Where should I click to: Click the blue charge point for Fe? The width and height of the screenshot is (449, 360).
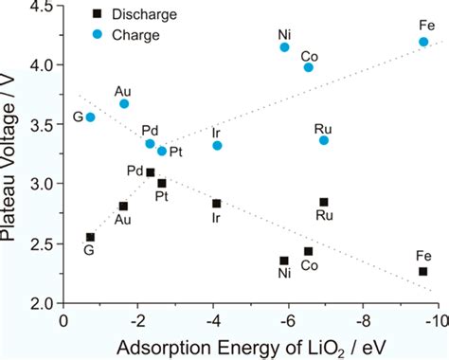click(423, 42)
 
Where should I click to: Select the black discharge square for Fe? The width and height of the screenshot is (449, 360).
click(422, 271)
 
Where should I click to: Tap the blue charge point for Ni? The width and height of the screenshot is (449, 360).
click(284, 47)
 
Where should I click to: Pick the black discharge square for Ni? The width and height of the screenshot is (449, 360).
click(284, 261)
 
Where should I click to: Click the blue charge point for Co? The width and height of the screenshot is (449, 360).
click(309, 67)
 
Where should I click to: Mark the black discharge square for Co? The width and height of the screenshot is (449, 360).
click(309, 251)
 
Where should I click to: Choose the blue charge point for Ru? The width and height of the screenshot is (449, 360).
click(324, 140)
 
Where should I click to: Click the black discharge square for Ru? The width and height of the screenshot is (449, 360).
click(324, 202)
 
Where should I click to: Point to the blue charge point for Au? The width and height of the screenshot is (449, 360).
click(124, 103)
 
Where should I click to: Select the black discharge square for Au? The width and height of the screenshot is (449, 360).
click(123, 206)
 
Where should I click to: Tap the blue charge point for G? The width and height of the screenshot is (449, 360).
click(90, 117)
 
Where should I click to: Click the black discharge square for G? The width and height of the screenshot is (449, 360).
click(90, 237)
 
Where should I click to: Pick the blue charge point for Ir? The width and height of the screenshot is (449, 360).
click(217, 145)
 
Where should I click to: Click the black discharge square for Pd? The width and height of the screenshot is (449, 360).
click(151, 172)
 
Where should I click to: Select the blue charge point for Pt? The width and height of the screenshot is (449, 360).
click(162, 151)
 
